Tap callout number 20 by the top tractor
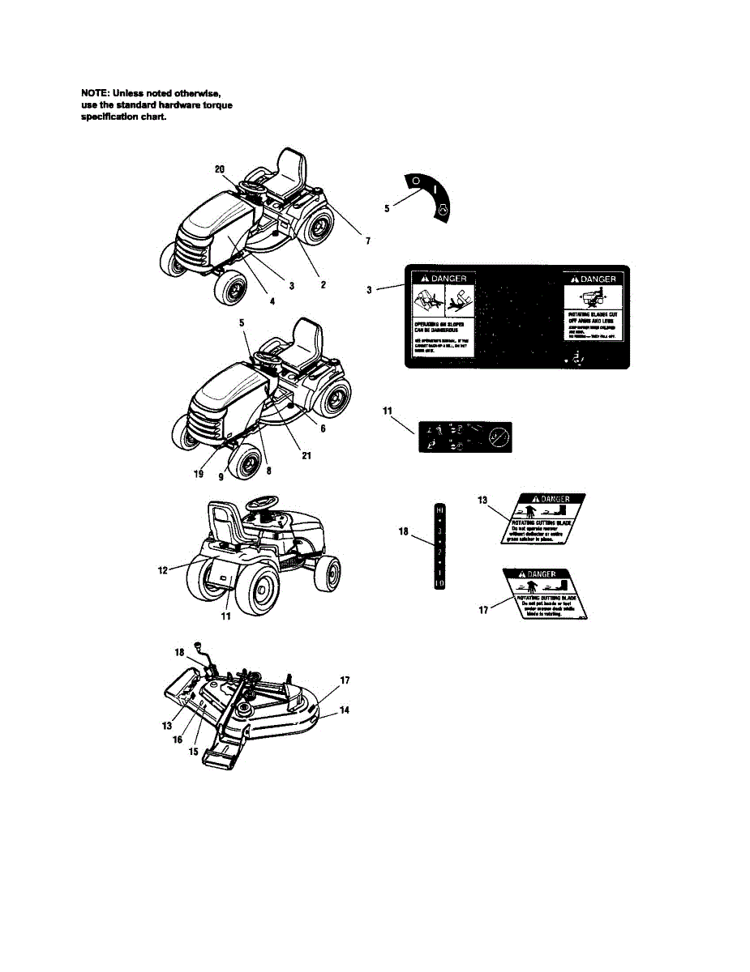click(220, 169)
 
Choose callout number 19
click(199, 475)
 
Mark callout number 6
click(322, 428)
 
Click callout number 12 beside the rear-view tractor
click(163, 570)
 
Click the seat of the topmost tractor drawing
click(292, 169)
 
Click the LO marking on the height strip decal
click(439, 583)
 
